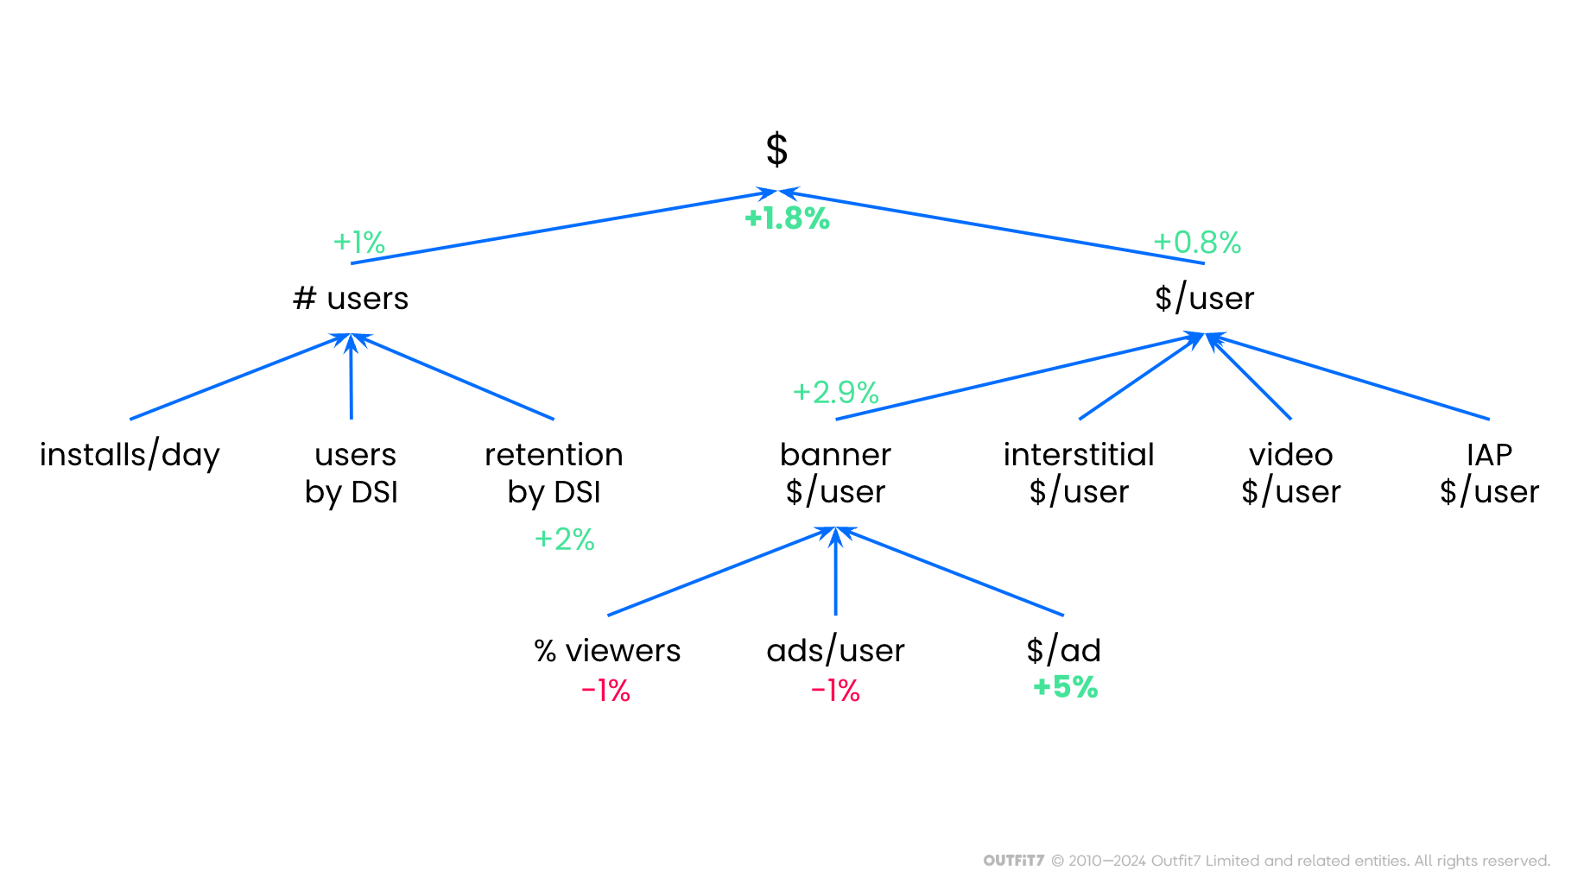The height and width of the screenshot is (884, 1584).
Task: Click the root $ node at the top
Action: tap(776, 149)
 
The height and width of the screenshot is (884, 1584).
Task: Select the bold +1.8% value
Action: tap(787, 218)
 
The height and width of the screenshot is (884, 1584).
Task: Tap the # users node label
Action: tap(351, 299)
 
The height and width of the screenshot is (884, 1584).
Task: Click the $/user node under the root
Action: tap(1204, 299)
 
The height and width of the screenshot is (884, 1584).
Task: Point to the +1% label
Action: tap(359, 243)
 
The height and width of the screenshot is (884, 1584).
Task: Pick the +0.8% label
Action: tap(1197, 243)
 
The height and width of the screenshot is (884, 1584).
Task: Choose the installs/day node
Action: tap(130, 455)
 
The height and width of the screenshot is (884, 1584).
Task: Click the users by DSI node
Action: tap(352, 473)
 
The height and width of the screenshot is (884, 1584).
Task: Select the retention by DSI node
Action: tap(554, 473)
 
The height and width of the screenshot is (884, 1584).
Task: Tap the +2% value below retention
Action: tap(565, 540)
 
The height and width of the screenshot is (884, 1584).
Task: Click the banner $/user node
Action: tap(835, 473)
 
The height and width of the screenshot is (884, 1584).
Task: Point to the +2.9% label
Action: tap(836, 393)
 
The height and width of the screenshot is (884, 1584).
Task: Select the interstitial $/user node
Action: tap(1079, 473)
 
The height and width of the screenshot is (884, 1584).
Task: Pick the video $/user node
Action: tap(1290, 473)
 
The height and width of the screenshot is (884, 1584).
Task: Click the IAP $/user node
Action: tap(1489, 473)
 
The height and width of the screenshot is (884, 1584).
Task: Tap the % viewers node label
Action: tap(607, 651)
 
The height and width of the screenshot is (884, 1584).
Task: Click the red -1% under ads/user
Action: tap(835, 691)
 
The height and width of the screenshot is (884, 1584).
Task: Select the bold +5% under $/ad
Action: tap(1065, 687)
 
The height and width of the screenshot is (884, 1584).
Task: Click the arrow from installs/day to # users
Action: tap(238, 377)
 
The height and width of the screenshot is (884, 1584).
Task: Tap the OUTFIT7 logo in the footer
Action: tap(1013, 861)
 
